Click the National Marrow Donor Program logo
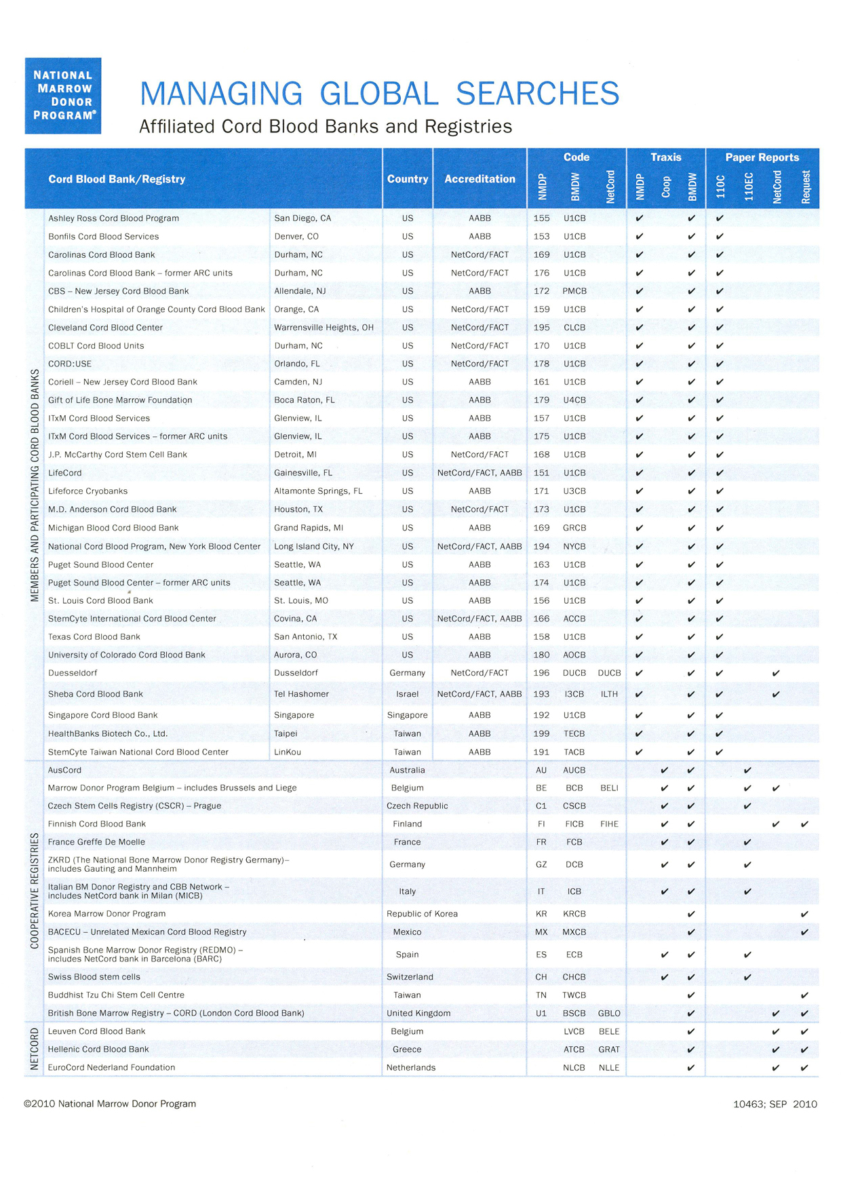(63, 96)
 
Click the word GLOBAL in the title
(379, 94)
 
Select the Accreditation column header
(480, 179)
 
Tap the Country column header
(407, 179)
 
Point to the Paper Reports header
(762, 157)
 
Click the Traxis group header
(665, 157)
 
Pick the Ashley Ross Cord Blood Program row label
(113, 218)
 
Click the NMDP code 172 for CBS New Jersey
(541, 291)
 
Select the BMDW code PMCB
(574, 291)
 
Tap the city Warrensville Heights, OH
(324, 328)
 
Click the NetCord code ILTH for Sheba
(609, 694)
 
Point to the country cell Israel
(407, 694)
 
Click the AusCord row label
(64, 770)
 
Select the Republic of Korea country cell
(422, 914)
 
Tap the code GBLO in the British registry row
(609, 1013)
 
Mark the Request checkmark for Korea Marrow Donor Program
(804, 914)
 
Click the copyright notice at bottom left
(110, 1104)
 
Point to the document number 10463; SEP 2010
(775, 1104)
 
